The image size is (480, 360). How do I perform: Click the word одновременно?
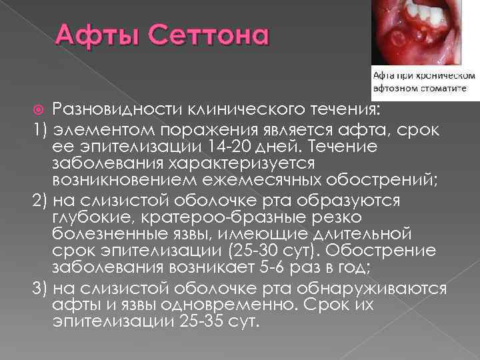[x=237, y=305]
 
